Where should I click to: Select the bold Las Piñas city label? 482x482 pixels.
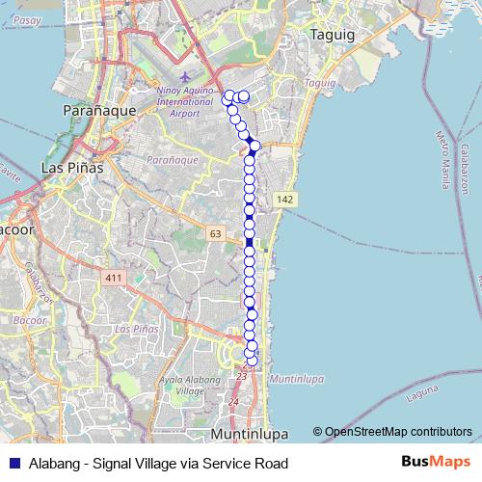(72, 168)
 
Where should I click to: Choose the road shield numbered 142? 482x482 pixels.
(283, 199)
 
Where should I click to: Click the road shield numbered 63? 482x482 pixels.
(214, 233)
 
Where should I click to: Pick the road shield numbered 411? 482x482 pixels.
(116, 278)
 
